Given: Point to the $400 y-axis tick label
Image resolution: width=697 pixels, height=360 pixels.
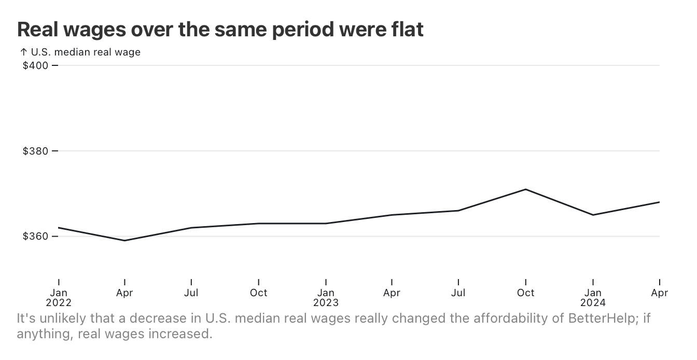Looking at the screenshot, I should coord(35,65).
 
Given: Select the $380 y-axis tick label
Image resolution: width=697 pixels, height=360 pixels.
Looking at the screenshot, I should coord(35,151).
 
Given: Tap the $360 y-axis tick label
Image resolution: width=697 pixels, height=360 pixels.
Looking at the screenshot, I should coord(35,237).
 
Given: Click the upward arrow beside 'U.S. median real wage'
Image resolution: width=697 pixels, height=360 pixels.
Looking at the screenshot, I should coord(23,52).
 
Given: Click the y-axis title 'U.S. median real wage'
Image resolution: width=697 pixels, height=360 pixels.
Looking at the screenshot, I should coord(86,52).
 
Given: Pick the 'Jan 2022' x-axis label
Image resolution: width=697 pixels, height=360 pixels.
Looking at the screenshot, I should coord(59,297).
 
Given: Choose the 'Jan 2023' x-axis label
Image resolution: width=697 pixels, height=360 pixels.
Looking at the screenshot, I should coord(326,297).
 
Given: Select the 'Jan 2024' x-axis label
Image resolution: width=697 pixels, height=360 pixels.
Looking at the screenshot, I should coord(593,297).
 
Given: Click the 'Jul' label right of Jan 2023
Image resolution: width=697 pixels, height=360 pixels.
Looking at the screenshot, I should coord(458,293).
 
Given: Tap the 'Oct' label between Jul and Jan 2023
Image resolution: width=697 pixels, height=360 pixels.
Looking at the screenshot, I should coord(259,293).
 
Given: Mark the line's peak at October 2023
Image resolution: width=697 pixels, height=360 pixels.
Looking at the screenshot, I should coord(526,189).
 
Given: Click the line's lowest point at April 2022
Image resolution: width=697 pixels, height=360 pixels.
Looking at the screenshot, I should coord(125,241).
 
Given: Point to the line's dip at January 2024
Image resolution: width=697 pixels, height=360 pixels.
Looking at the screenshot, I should coord(593,215).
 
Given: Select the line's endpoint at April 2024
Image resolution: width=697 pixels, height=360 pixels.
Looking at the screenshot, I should coord(659,202).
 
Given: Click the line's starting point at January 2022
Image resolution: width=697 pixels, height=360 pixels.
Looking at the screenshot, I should coord(59,228).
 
